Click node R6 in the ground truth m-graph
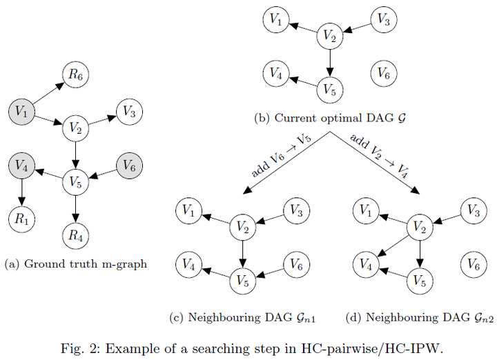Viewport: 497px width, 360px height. click(x=75, y=74)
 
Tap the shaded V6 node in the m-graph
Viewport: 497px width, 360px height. click(x=129, y=166)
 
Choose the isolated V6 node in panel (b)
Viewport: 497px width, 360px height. click(x=384, y=72)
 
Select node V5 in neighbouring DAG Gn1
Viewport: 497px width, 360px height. click(x=242, y=280)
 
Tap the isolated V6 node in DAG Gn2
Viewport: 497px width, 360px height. click(x=474, y=263)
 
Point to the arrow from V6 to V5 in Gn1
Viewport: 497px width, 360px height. click(x=270, y=272)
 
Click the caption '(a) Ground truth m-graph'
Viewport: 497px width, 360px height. click(x=75, y=264)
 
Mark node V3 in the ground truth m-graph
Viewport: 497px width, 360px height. click(x=129, y=110)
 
